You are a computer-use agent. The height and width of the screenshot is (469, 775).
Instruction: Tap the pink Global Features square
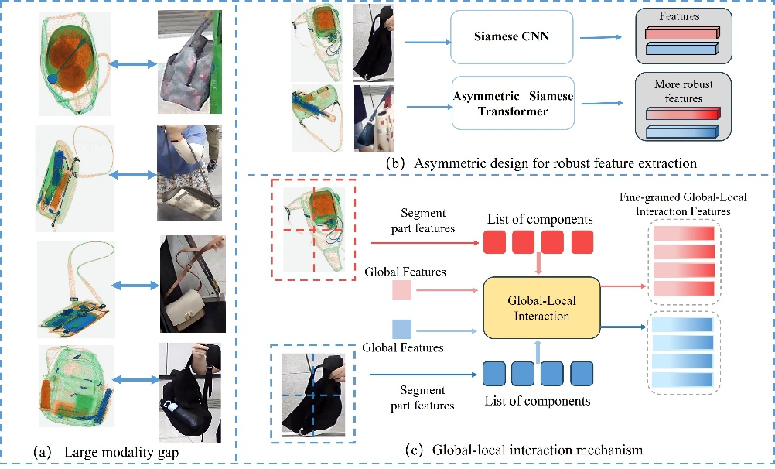click(403, 290)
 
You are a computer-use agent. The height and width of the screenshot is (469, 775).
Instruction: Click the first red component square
click(493, 242)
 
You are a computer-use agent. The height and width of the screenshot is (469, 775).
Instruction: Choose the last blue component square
click(582, 374)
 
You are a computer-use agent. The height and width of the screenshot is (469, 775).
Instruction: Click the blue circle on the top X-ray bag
click(51, 78)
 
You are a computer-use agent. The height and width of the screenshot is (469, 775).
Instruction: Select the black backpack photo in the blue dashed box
click(312, 395)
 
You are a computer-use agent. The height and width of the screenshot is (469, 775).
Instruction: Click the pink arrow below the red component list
click(538, 265)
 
